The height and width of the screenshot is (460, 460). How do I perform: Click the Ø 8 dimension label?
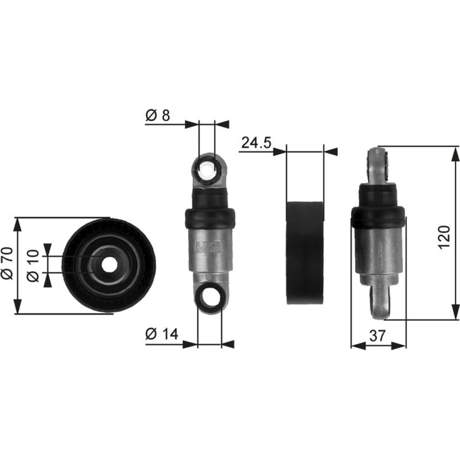157,115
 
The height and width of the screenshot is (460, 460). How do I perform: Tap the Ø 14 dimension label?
161,334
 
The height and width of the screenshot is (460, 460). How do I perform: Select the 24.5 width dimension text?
256,143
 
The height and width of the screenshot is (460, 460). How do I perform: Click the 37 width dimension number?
377,336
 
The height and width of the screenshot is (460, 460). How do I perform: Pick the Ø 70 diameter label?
8,263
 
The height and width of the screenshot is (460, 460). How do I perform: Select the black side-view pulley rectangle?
305,253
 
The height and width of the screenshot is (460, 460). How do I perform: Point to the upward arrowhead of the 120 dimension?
455,154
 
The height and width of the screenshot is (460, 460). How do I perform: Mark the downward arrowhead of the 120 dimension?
455,312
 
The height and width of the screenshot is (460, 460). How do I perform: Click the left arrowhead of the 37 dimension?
358,346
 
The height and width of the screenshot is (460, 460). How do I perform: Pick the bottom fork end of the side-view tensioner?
381,302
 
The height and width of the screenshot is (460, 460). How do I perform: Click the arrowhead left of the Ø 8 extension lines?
192,124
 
